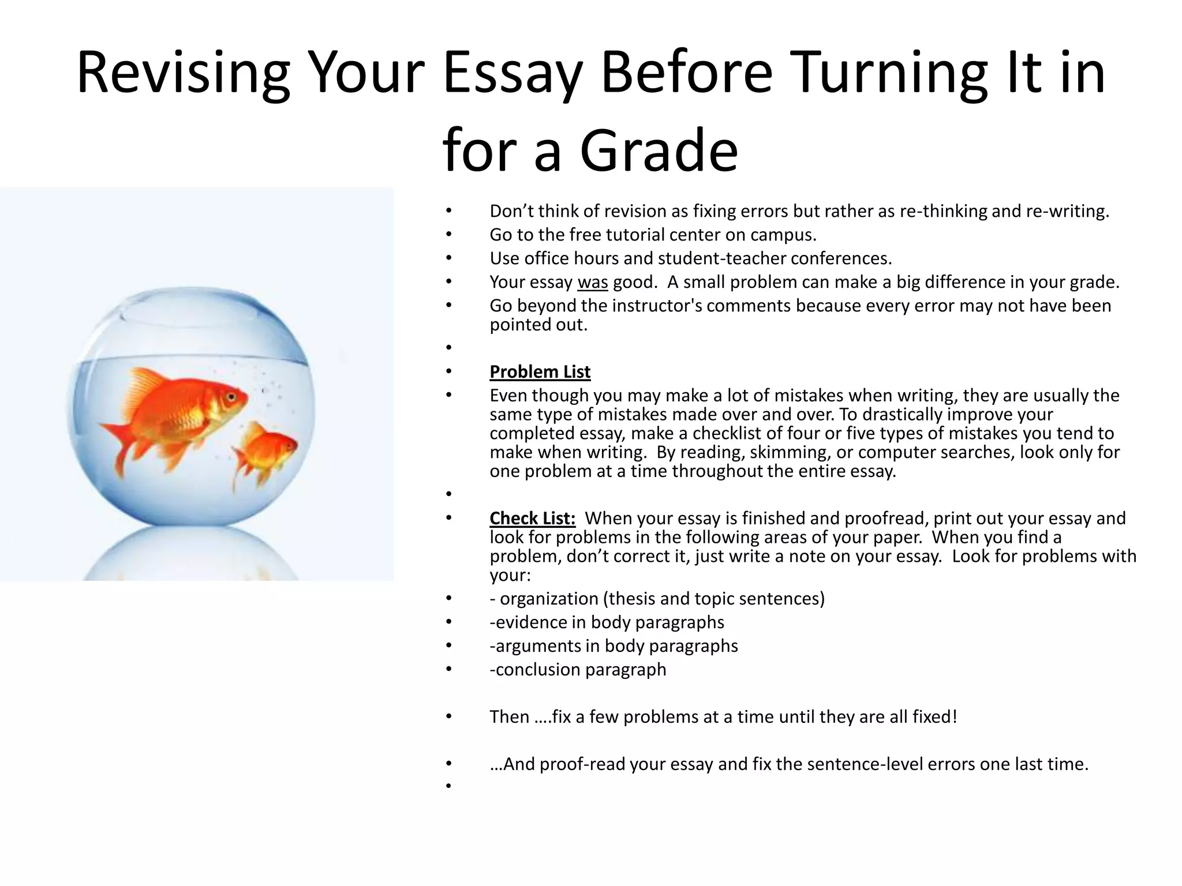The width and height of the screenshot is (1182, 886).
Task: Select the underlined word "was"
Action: [592, 282]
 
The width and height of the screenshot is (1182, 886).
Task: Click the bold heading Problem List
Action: [540, 372]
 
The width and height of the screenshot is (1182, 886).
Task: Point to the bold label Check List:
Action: [532, 519]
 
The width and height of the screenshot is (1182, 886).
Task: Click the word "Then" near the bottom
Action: [509, 717]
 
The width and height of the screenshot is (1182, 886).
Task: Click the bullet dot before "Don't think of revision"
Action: [448, 211]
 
